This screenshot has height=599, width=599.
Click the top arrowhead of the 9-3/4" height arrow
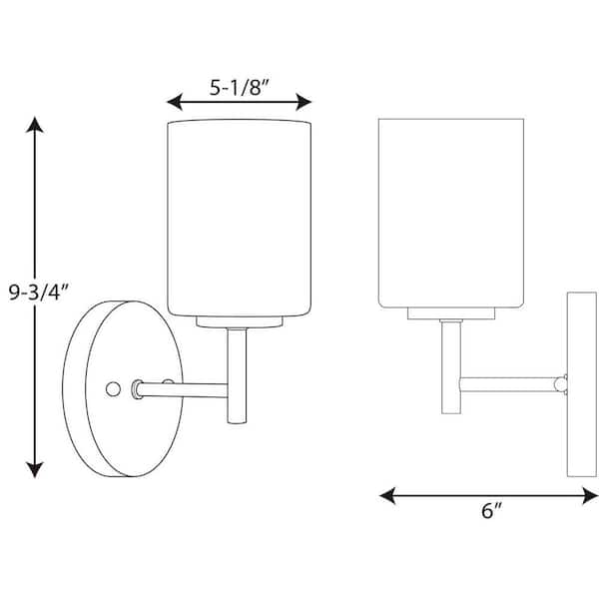[36, 126]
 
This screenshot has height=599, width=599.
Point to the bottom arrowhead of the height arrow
[36, 467]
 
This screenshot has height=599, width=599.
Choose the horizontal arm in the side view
[509, 382]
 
